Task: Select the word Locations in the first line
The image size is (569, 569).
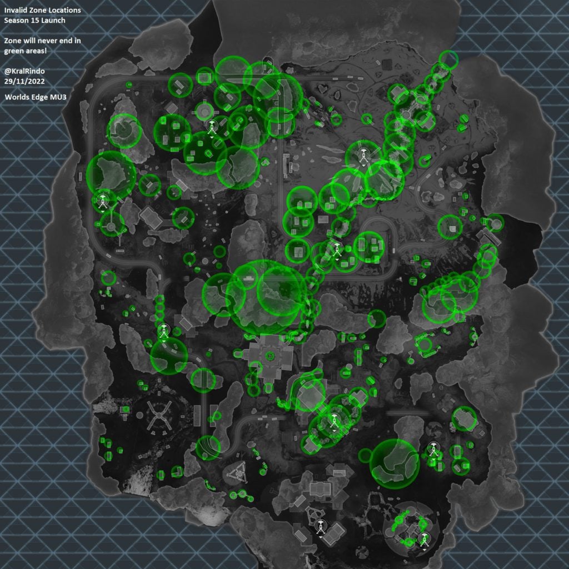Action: click(x=62, y=11)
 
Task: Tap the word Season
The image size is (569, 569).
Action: click(x=17, y=21)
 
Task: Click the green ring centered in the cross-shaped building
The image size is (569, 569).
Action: click(x=271, y=356)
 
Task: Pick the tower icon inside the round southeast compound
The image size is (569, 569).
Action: click(x=425, y=538)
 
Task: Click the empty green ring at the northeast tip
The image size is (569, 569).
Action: click(x=448, y=58)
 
